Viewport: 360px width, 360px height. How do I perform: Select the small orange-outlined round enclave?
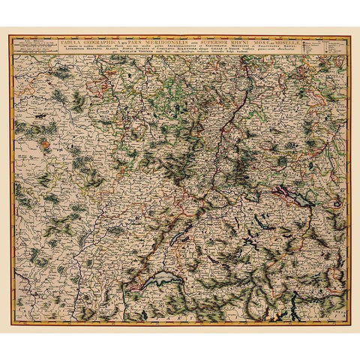coord(49,139)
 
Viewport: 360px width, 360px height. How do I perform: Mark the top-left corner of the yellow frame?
coord(10,35)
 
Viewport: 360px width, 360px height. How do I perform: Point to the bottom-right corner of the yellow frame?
coord(349,325)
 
